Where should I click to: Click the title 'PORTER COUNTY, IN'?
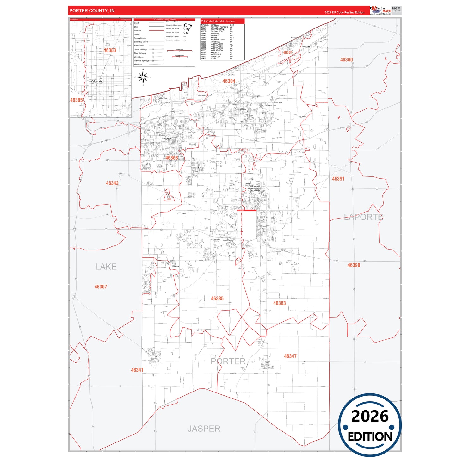(92, 11)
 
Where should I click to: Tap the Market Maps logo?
(380, 10)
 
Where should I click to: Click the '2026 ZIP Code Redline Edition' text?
(344, 13)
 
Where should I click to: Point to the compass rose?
(143, 77)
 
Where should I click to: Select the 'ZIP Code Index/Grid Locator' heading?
(218, 22)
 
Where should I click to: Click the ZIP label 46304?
(229, 81)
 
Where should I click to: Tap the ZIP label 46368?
(171, 158)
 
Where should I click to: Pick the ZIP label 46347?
(290, 356)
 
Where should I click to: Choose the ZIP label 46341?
(137, 370)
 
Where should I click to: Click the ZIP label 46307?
(101, 287)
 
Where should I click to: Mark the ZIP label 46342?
(112, 183)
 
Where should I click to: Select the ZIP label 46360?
(346, 60)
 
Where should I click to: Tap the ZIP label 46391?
(338, 179)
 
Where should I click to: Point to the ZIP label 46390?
(354, 265)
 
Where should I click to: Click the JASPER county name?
(204, 429)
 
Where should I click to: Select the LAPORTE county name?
(363, 217)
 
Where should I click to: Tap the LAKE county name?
(106, 267)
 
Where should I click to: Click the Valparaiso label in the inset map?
(97, 81)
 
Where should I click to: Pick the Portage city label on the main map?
(166, 139)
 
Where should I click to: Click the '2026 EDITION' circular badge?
(370, 425)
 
